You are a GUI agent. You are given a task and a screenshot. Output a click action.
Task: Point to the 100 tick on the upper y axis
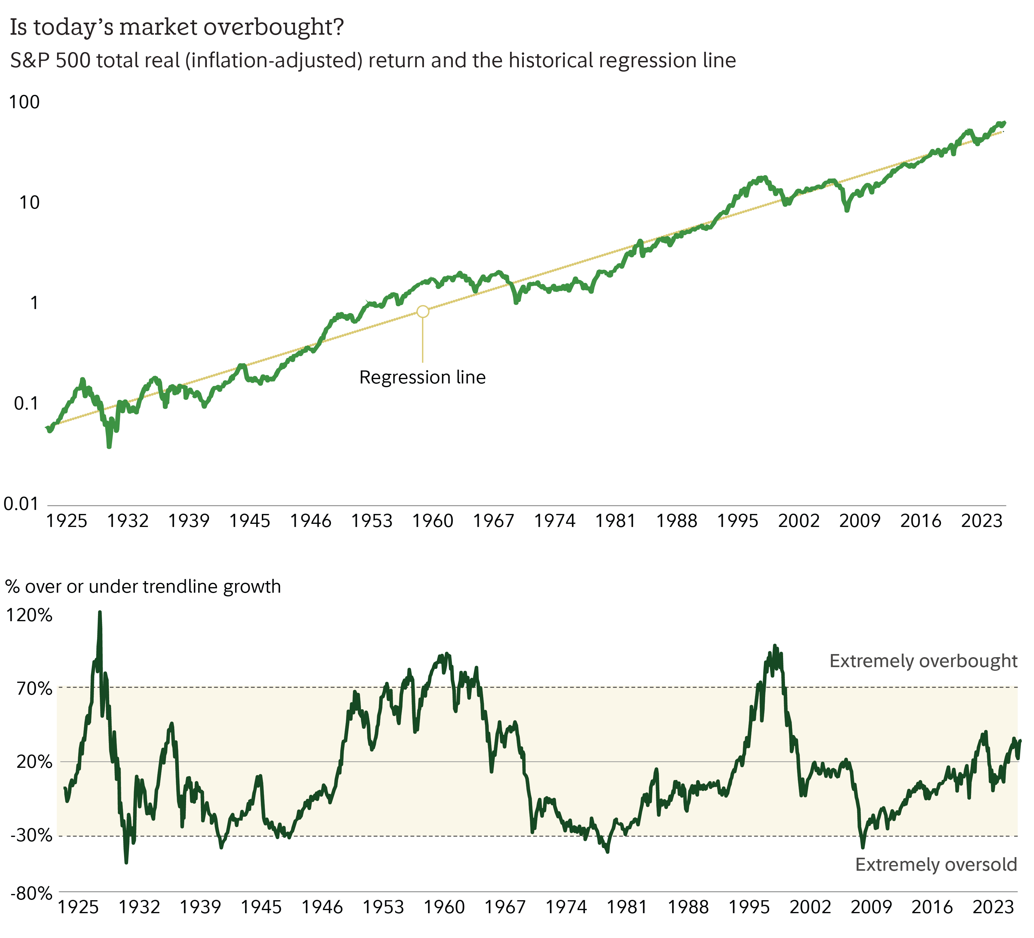pyautogui.click(x=24, y=102)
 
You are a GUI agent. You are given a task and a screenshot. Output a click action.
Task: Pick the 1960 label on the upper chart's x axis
pyautogui.click(x=433, y=521)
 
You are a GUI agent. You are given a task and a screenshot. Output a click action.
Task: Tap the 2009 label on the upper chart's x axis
pyautogui.click(x=860, y=521)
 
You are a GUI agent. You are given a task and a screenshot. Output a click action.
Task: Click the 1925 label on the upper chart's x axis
pyautogui.click(x=67, y=521)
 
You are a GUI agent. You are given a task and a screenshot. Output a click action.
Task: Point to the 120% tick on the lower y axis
pyautogui.click(x=29, y=615)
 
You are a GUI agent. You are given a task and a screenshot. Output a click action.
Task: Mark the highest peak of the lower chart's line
pyautogui.click(x=100, y=612)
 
